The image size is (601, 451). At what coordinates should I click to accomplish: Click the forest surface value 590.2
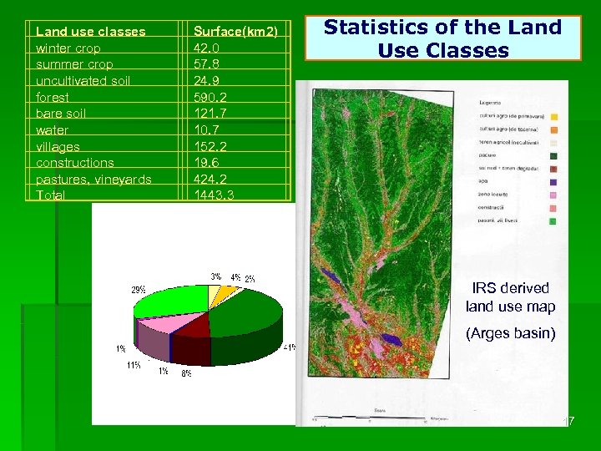[x=209, y=97]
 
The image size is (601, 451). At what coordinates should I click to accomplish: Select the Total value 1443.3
[x=214, y=195]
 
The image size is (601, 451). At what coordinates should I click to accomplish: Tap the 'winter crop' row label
[x=68, y=48]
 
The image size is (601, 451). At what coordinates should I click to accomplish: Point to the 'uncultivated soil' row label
[x=83, y=81]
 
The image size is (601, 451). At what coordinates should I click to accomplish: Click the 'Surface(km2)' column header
[x=235, y=32]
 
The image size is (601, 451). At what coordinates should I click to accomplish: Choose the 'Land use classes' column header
[x=91, y=32]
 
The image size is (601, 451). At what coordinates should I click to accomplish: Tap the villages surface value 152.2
[x=209, y=147]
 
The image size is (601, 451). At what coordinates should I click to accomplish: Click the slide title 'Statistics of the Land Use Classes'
[x=442, y=38]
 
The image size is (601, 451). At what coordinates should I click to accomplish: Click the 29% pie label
[x=139, y=289]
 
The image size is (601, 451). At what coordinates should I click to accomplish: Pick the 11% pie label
[x=134, y=365]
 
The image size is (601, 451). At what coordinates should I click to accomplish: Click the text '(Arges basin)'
[x=510, y=334]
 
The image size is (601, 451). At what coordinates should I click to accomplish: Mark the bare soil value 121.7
[x=209, y=114]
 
